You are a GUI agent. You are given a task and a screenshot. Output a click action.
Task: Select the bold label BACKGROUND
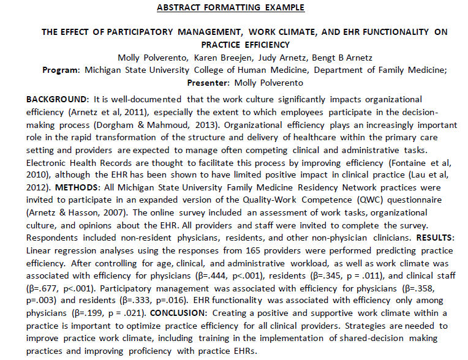pos(51,99)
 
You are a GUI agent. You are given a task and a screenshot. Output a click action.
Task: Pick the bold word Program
pos(61,70)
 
